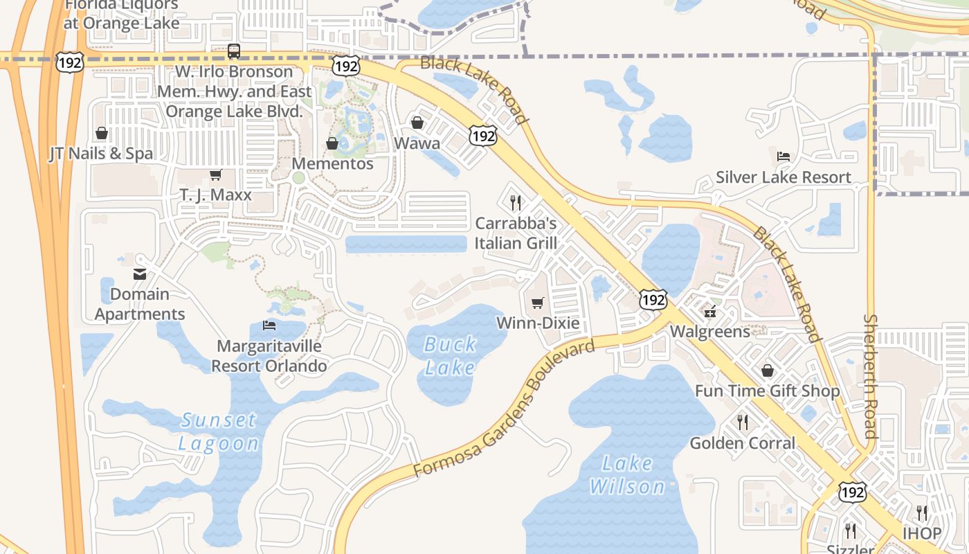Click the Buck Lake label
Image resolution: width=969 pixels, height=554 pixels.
click(x=450, y=355)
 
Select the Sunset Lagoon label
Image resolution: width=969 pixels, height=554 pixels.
click(x=219, y=431)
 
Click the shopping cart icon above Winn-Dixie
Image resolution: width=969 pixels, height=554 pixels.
click(x=538, y=303)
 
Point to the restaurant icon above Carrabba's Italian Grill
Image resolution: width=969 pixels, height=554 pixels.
click(x=516, y=202)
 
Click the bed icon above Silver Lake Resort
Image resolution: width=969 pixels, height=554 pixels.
click(x=783, y=155)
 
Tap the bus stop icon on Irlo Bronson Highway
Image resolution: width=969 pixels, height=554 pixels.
click(x=234, y=51)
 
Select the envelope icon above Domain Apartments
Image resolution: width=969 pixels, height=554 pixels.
click(x=140, y=274)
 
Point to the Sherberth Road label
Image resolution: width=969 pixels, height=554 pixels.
click(x=871, y=377)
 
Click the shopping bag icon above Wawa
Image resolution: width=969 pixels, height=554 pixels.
click(x=417, y=123)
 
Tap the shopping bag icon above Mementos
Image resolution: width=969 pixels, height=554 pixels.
click(x=332, y=143)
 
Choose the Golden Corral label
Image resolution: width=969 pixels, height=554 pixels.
click(x=743, y=443)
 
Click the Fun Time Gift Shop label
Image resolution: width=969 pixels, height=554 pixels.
click(x=767, y=391)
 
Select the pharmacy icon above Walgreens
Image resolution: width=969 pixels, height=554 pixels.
click(x=709, y=312)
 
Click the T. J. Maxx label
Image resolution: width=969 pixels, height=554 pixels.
click(x=216, y=195)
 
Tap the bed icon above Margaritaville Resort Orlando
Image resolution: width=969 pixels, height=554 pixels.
click(x=269, y=325)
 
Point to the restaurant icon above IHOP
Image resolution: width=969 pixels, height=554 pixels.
click(x=922, y=512)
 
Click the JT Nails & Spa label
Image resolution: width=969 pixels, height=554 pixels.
click(x=101, y=153)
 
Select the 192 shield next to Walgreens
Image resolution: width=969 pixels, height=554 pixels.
click(x=653, y=300)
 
